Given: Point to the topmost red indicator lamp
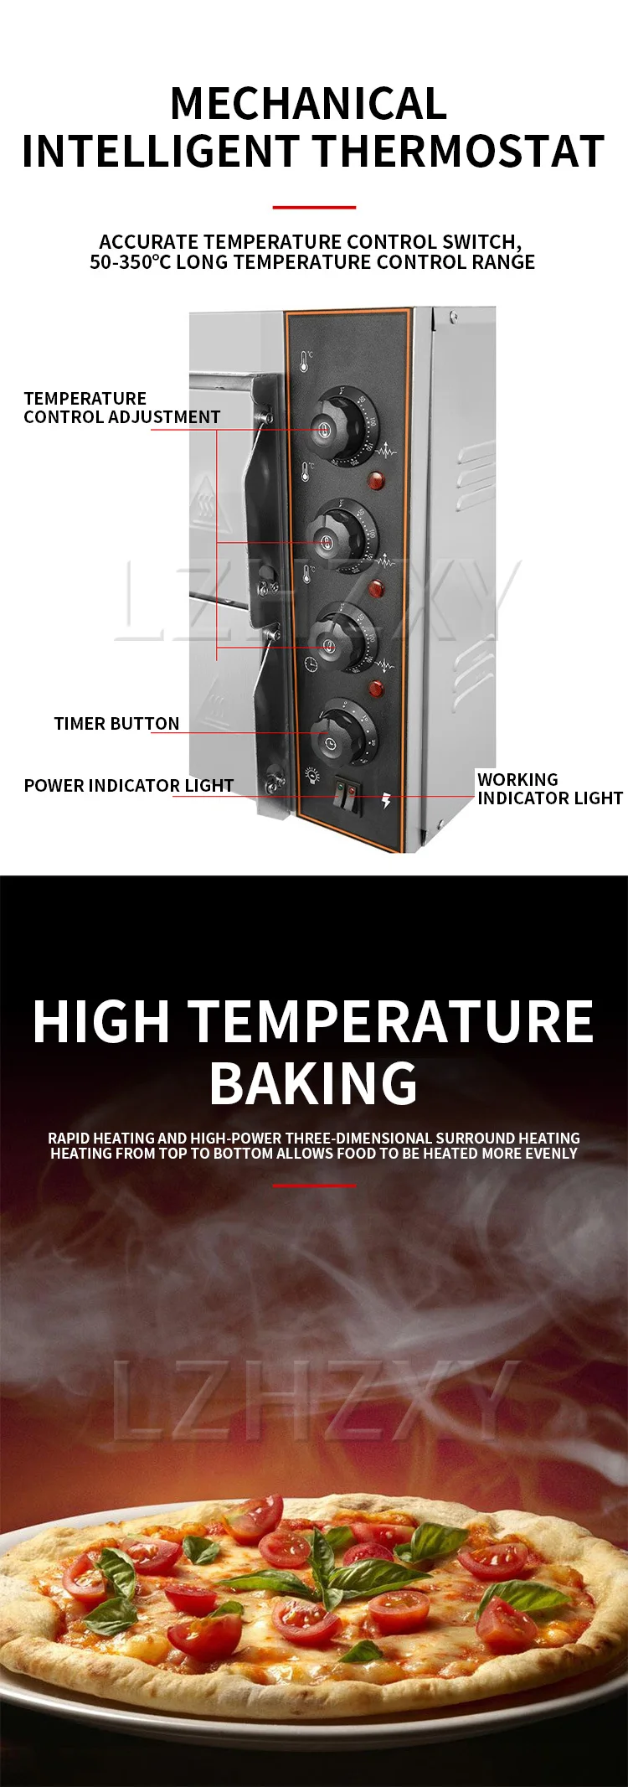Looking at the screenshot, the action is pyautogui.click(x=376, y=481).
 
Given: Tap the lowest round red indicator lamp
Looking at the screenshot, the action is pyautogui.click(x=376, y=689).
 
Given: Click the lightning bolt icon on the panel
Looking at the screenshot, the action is pyautogui.click(x=386, y=800).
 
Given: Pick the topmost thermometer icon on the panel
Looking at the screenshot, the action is pyautogui.click(x=306, y=361).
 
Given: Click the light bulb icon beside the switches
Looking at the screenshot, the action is pyautogui.click(x=312, y=775).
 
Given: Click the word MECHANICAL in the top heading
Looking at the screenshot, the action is pyautogui.click(x=308, y=104).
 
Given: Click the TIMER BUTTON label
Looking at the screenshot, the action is pyautogui.click(x=116, y=724).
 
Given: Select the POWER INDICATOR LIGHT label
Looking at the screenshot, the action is pyautogui.click(x=128, y=786).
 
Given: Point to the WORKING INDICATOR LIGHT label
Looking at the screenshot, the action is pyautogui.click(x=549, y=789).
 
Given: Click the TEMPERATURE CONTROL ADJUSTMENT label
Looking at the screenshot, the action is pyautogui.click(x=121, y=407).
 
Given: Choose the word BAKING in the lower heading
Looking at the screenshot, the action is pyautogui.click(x=313, y=1083).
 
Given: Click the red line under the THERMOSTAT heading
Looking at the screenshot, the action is pyautogui.click(x=314, y=207).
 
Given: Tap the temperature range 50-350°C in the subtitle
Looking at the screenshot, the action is pyautogui.click(x=131, y=262).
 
